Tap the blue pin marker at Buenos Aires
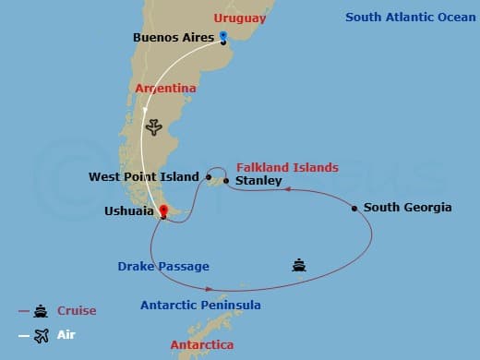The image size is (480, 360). pos(222,37)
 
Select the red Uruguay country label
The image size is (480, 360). pos(239,18)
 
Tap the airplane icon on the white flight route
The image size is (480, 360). pos(154,126)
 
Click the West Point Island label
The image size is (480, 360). pos(144,176)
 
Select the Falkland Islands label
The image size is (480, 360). pos(287,167)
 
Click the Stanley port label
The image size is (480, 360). pos(258,181)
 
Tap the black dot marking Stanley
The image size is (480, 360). pos(227,181)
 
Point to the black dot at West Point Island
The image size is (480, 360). pos(210,175)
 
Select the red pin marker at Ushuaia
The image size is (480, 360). pos(163,211)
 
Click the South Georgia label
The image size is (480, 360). pos(407,208)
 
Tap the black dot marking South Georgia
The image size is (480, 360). pos(354,209)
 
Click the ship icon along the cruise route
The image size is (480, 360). pos(298,265)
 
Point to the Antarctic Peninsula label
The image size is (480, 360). pos(200,305)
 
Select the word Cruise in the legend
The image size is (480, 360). pos(77,311)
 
